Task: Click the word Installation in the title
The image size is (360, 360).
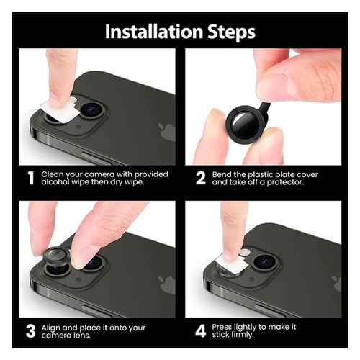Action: coord(154,32)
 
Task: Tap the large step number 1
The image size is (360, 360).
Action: coord(31,178)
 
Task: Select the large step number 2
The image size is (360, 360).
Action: coord(201,178)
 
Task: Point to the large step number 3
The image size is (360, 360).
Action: coord(31,331)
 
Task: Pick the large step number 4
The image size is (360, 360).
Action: coord(201,331)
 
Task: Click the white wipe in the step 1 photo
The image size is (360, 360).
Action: coord(60,111)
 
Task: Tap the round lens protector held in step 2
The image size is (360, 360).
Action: coord(245,125)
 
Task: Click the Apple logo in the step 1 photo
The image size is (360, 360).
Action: coord(166,131)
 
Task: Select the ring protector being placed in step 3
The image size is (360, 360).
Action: coord(56,257)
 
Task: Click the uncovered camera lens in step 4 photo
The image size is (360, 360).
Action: coord(264,261)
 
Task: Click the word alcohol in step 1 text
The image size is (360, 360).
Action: coord(55,182)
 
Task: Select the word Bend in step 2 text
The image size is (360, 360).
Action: coord(221,174)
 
